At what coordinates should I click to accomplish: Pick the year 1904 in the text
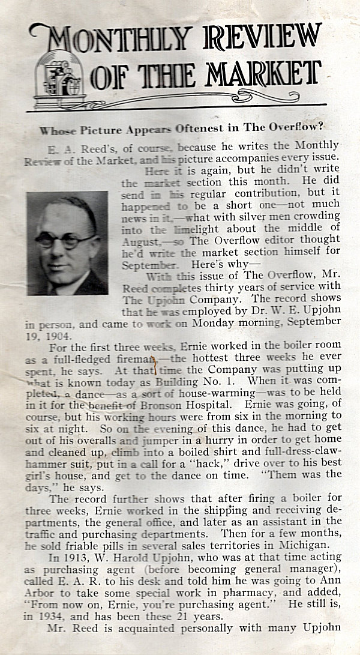pos(55,336)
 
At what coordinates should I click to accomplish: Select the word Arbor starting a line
pos(40,593)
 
